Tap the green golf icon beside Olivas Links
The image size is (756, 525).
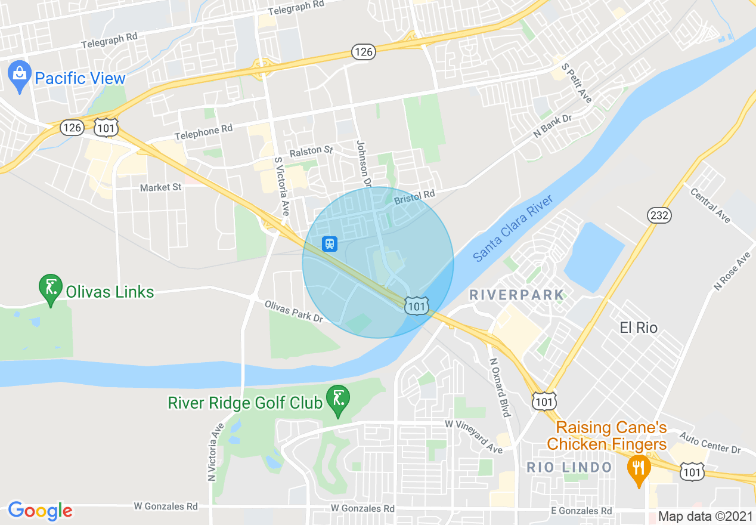point(51,288)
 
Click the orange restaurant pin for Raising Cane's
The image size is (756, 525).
point(639,467)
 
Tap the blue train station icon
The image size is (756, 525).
point(330,243)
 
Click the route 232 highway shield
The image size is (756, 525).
point(660,215)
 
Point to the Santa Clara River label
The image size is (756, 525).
point(513,227)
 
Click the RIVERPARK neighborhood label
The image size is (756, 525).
point(516,294)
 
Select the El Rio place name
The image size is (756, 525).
point(639,328)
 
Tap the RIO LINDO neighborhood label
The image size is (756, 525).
point(569,467)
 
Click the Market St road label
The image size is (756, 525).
point(160,187)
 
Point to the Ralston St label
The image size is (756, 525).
point(311,152)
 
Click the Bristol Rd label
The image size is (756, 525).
point(414,196)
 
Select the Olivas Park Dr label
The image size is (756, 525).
point(293,311)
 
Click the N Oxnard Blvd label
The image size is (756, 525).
point(500,387)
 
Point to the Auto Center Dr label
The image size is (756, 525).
point(709,442)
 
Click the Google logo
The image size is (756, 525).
point(40,511)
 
